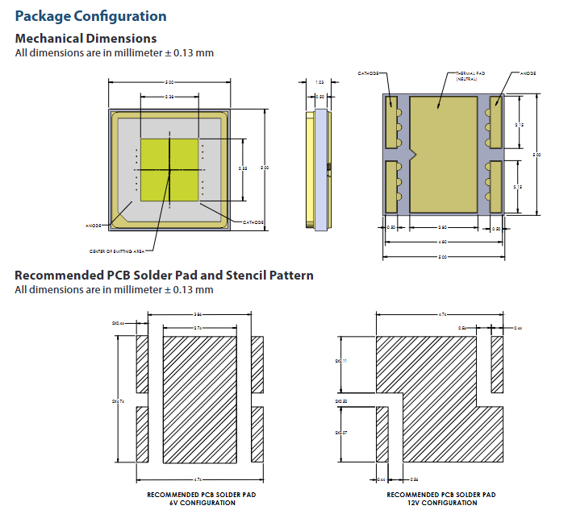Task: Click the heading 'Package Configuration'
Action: (x=91, y=16)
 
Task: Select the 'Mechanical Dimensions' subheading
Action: (x=86, y=39)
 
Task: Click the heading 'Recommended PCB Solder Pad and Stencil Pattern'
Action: (x=164, y=276)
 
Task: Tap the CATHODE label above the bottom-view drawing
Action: (x=369, y=73)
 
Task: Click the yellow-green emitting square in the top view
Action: (x=169, y=170)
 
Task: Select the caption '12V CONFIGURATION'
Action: (x=441, y=503)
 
